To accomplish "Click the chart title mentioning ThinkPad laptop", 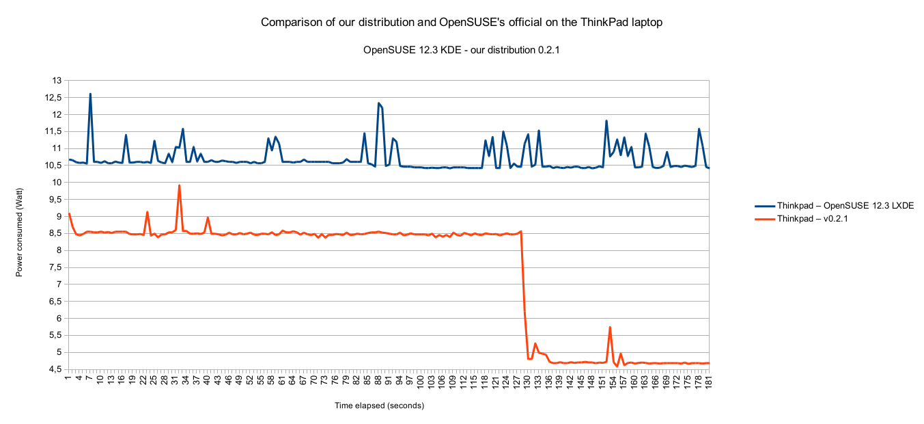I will (x=462, y=23).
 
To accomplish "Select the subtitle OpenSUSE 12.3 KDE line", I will (x=462, y=49).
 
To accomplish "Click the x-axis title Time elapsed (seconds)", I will (x=379, y=406).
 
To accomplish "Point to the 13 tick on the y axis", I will (x=57, y=81).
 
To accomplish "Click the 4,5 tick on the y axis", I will (x=55, y=369).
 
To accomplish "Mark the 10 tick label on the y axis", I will (x=57, y=183).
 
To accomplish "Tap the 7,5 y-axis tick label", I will (x=55, y=267).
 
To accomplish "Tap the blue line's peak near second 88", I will (x=378, y=103).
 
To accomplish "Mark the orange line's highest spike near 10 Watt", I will (x=179, y=185).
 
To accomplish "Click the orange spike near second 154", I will (x=610, y=328).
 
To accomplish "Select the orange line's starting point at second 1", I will (x=69, y=213).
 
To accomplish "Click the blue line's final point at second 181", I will (x=709, y=168).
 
